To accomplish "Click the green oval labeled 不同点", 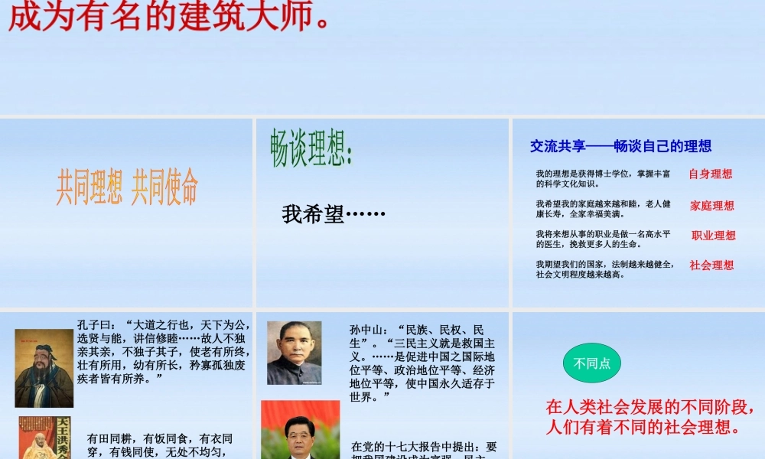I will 592,363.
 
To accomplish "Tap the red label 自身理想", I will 711,174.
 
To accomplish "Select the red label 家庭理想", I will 712,205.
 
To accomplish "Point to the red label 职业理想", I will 714,236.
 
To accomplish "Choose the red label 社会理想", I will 711,265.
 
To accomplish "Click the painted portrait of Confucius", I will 44,367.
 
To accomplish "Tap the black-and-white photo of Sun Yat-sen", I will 295,352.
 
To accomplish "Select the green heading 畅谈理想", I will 311,148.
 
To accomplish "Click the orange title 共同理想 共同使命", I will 127,187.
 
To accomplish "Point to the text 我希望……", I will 334,214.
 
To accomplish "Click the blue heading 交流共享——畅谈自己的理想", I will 620,146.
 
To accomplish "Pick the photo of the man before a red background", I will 300,430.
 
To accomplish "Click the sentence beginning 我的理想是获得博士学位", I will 603,178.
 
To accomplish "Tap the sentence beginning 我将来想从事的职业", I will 603,239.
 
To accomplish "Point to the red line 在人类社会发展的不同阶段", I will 654,406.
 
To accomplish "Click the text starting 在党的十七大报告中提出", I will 424,447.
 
